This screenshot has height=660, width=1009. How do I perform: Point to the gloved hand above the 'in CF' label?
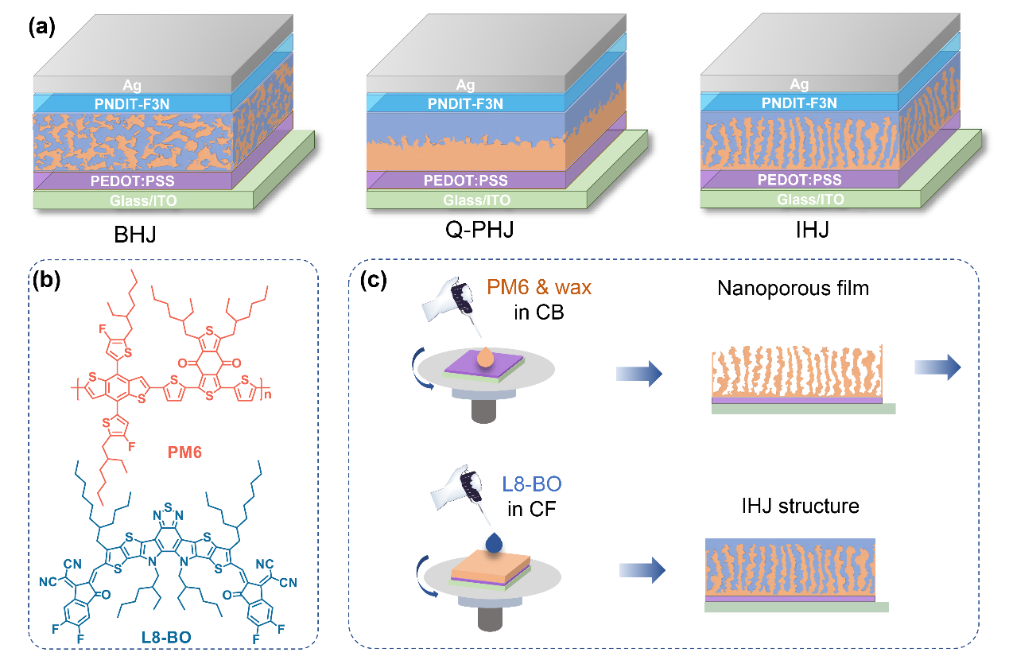pos(457,489)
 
